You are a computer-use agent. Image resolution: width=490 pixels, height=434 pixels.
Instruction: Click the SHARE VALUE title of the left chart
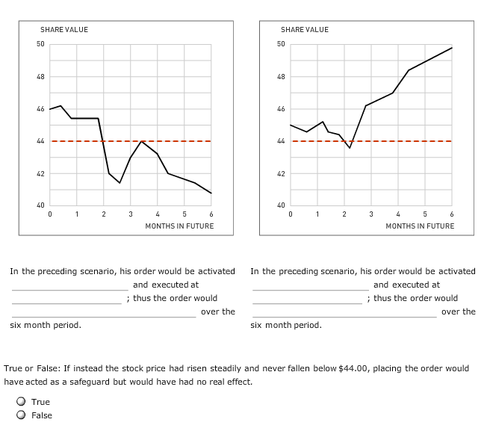(64, 29)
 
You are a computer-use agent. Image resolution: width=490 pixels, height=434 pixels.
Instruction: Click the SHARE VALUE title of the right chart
(305, 29)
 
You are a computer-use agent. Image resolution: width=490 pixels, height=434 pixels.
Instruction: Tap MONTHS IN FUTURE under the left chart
(179, 226)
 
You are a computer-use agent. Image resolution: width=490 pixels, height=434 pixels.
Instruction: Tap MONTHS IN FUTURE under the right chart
(420, 226)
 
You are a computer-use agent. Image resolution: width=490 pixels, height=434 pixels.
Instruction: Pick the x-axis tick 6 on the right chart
(452, 215)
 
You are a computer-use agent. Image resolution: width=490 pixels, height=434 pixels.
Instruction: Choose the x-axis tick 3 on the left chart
(130, 215)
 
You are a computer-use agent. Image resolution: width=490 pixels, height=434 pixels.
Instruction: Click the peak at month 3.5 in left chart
(143, 140)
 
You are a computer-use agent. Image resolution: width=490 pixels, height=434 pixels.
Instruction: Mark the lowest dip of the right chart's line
(350, 148)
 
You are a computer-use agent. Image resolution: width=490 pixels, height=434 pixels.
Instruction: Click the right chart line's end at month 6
(452, 48)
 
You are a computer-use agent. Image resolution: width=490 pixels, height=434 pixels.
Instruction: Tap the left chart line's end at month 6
(211, 193)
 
